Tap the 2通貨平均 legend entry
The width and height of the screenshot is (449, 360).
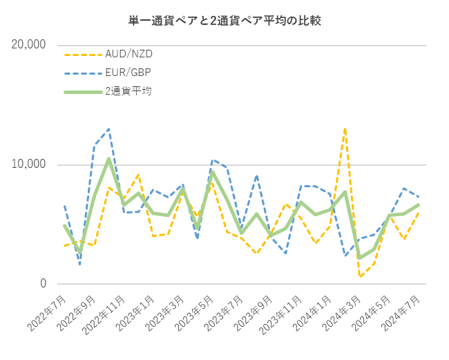(128, 91)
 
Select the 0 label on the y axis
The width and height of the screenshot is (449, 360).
(43, 284)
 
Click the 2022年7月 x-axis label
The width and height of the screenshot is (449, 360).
(48, 312)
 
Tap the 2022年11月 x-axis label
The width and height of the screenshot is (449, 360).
(106, 313)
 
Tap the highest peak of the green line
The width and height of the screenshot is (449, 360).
(109, 159)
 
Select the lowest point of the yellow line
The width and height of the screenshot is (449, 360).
(360, 276)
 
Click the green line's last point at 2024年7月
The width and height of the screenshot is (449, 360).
(419, 205)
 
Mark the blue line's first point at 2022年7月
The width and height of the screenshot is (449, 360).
(64, 205)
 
